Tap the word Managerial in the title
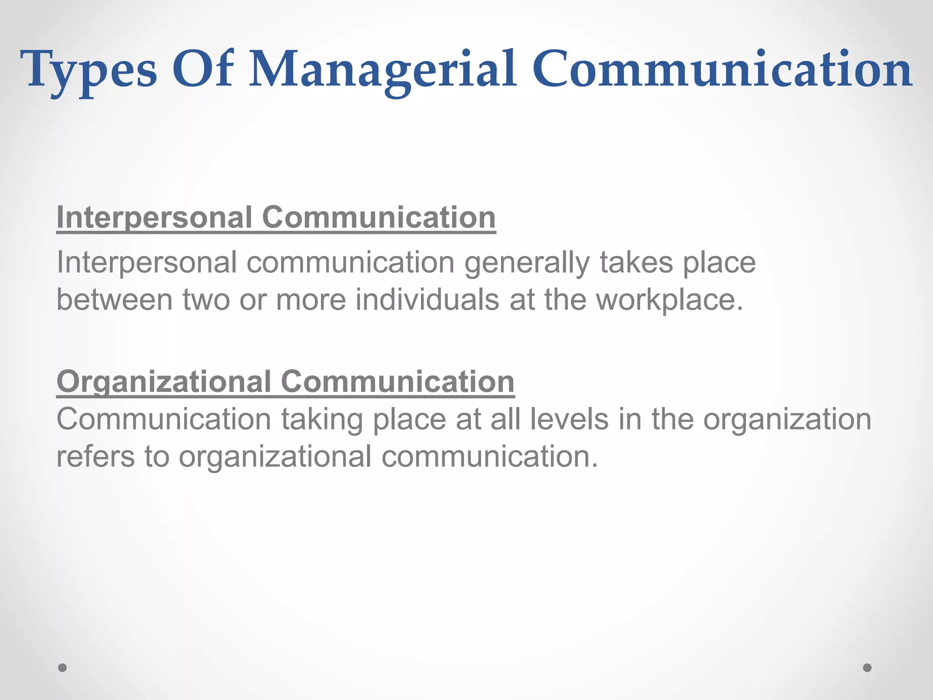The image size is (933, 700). pos(383,71)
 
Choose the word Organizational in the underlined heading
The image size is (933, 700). pos(164,381)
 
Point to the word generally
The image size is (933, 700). pos(527,263)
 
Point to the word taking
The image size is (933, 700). pos(322,420)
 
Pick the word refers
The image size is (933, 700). pos(95,456)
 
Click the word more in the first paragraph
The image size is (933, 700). pos(311,301)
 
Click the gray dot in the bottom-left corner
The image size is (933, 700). pos(62,668)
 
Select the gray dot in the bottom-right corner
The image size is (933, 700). pos(867,668)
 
